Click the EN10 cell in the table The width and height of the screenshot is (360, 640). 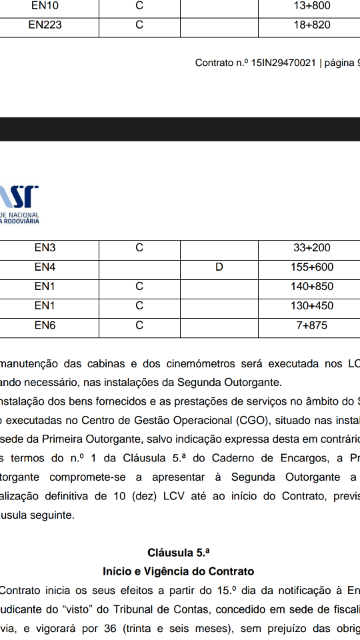click(45, 6)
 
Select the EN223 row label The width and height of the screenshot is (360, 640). click(45, 25)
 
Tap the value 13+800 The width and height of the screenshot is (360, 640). click(311, 6)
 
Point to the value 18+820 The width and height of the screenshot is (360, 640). click(311, 25)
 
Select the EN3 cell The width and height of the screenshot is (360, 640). click(45, 248)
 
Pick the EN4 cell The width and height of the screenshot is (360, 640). click(45, 267)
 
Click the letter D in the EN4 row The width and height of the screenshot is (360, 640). click(219, 267)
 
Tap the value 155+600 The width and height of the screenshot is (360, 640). click(312, 267)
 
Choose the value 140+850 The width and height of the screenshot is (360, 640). click(312, 287)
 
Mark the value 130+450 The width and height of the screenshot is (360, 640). click(312, 306)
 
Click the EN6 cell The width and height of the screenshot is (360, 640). click(45, 325)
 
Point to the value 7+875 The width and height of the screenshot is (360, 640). click(312, 325)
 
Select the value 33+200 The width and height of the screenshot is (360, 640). click(312, 248)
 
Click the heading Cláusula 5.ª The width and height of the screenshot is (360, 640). click(179, 553)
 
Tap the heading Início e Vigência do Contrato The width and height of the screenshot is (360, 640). click(179, 571)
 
